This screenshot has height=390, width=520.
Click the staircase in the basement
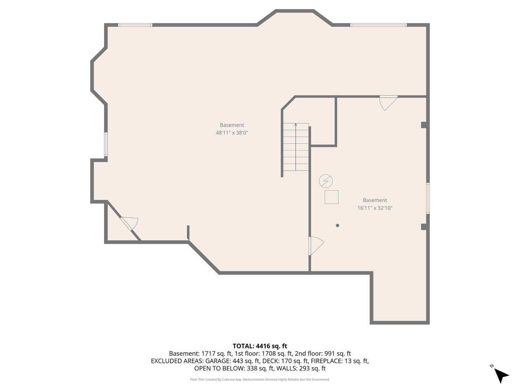coord(296,147)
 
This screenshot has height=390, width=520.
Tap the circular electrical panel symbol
coord(326,181)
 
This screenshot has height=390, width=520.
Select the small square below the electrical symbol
coord(331,197)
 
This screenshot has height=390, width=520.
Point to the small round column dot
coord(338,225)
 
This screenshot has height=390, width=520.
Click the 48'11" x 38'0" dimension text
coord(232,133)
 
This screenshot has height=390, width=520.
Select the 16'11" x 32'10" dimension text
coord(375,208)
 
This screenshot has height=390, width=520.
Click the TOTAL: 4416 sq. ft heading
coord(260,346)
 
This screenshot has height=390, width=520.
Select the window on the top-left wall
coord(135,25)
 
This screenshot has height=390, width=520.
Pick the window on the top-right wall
coord(378,25)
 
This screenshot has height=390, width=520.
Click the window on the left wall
coord(106,144)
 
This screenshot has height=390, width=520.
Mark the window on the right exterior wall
coord(428,198)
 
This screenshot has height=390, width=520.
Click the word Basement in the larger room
coord(232,125)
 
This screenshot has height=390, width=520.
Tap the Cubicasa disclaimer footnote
coord(260,380)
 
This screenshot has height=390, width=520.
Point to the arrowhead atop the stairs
coord(296,125)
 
